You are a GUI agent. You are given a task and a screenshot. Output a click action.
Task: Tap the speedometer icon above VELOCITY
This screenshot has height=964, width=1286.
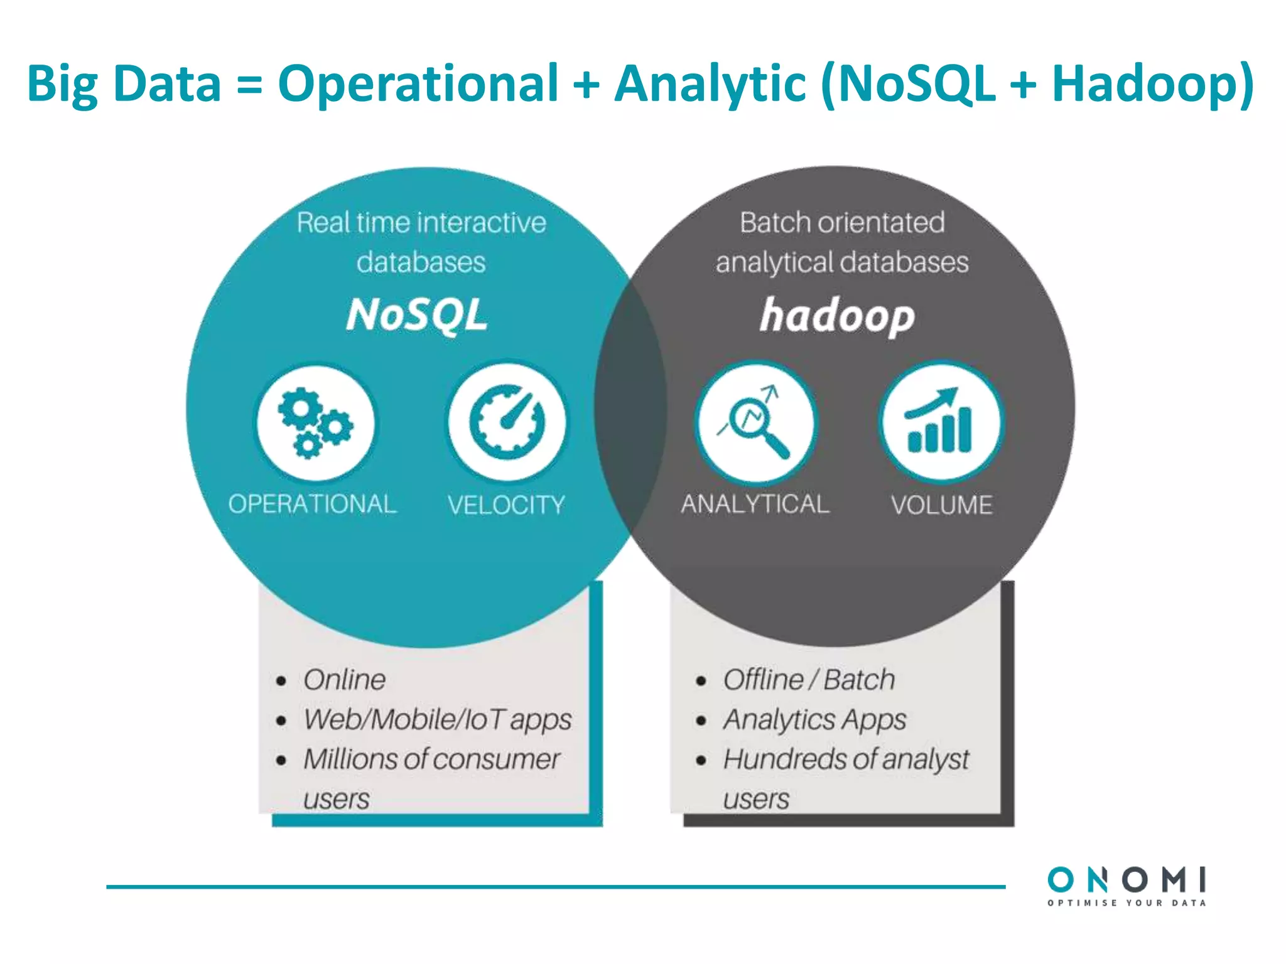pos(507,422)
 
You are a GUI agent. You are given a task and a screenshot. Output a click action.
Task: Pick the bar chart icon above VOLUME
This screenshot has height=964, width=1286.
pos(940,422)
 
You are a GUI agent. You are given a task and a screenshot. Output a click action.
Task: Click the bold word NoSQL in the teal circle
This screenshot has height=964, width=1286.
pos(417,315)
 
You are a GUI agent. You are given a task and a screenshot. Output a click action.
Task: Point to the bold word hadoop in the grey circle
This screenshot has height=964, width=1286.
pos(837,316)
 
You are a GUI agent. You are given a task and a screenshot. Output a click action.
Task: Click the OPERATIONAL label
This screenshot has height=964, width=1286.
pos(312,504)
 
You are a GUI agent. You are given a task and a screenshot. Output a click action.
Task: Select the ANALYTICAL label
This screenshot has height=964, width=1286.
pos(755,504)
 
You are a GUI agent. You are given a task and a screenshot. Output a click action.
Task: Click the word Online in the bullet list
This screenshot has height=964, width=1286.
pos(344,680)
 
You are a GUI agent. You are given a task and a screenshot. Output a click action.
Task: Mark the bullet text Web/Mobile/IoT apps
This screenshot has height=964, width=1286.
pos(437,720)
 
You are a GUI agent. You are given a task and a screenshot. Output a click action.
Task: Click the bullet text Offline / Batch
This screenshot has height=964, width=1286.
pos(809,680)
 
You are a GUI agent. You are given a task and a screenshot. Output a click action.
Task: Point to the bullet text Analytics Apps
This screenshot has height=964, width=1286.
pos(814,720)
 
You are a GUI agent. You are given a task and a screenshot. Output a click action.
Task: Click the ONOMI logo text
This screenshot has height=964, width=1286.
pos(1127,880)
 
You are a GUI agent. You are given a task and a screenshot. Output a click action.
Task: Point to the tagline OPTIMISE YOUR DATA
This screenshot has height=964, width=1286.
pos(1127,903)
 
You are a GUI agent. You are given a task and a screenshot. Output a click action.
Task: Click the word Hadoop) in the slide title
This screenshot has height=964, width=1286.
pos(1152,83)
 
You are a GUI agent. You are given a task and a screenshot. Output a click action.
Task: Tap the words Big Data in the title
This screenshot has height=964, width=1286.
pos(124,83)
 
